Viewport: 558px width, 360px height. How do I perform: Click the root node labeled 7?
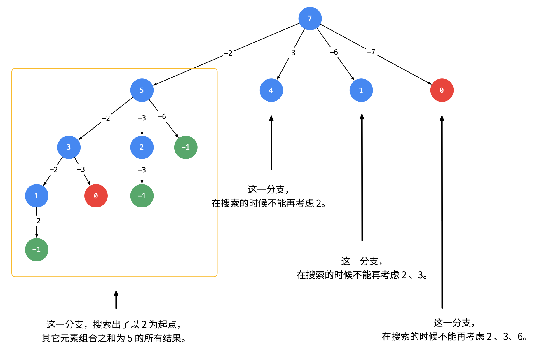click(x=310, y=18)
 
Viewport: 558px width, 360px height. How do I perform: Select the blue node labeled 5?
click(x=142, y=90)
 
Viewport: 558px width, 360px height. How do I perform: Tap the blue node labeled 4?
click(x=271, y=90)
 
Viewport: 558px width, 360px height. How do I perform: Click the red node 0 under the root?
click(x=442, y=90)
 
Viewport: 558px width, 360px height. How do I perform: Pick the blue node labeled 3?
click(x=69, y=147)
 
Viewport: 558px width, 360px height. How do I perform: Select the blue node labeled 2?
click(x=142, y=147)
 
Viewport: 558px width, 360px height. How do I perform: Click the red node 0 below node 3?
click(x=96, y=196)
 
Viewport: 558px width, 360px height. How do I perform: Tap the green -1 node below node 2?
click(x=142, y=196)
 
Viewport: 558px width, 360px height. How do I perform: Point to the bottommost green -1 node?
click(x=37, y=250)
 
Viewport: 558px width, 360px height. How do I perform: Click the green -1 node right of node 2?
click(x=186, y=147)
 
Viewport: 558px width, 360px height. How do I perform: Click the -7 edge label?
click(x=371, y=52)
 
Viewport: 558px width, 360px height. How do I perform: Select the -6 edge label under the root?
click(x=334, y=52)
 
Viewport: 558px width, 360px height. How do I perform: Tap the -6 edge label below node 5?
click(x=162, y=117)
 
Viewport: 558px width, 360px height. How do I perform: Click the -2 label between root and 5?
click(x=228, y=53)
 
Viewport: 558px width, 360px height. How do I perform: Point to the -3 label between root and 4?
click(x=291, y=53)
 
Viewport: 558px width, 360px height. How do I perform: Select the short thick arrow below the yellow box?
click(x=116, y=299)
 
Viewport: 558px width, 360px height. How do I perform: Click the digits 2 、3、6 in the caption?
click(x=506, y=337)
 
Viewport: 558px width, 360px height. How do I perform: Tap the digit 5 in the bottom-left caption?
click(x=130, y=338)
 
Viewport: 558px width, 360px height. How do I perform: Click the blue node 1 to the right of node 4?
click(x=361, y=90)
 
